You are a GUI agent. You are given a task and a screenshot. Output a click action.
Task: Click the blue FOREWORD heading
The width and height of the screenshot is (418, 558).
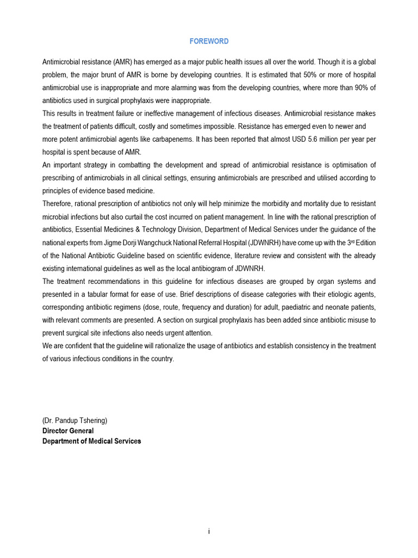[209, 41]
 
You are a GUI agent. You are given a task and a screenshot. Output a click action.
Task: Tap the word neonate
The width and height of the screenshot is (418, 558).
[339, 307]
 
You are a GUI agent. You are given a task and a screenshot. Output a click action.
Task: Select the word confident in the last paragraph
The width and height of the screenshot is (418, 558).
[78, 346]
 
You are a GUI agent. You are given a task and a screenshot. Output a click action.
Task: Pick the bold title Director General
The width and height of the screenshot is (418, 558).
[68, 431]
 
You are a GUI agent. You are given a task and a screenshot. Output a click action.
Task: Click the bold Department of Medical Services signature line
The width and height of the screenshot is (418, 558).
[91, 441]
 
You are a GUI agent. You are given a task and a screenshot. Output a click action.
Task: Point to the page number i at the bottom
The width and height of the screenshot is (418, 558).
[209, 532]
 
